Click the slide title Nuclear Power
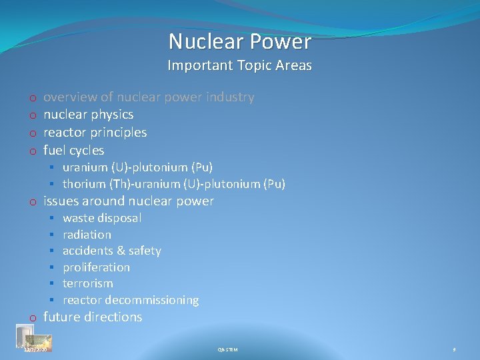(240, 41)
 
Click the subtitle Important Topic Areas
(240, 65)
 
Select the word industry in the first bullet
(230, 97)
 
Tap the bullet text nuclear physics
(88, 115)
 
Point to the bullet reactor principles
(95, 132)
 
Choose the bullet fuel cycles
(73, 150)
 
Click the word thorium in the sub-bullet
(84, 184)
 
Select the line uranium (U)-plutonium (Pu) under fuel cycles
(137, 167)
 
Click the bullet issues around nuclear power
(128, 201)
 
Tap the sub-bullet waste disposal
(102, 218)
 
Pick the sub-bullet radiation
(87, 235)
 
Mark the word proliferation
(96, 267)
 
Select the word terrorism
(88, 283)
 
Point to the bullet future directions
(93, 317)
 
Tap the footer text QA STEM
(227, 349)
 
